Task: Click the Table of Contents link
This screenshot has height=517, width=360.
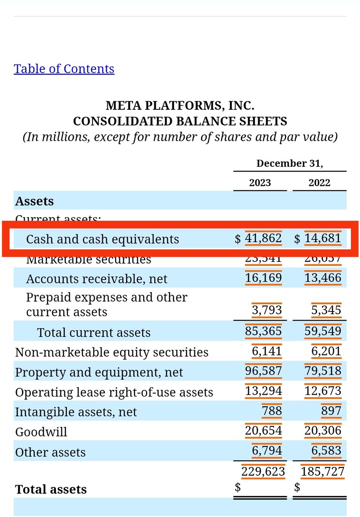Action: click(x=64, y=69)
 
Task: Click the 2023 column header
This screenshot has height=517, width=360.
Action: click(x=260, y=183)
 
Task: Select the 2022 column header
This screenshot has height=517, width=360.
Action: click(x=320, y=183)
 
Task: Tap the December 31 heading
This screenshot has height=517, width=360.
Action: click(x=289, y=164)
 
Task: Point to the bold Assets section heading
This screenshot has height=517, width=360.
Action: click(x=34, y=201)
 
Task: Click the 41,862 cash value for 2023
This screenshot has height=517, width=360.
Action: click(x=264, y=238)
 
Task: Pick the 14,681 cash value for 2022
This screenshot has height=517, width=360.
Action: click(x=323, y=238)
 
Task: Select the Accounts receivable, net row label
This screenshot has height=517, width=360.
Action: click(x=97, y=279)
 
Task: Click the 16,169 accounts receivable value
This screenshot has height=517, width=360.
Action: click(x=264, y=278)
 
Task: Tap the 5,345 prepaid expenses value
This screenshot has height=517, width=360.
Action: click(x=326, y=310)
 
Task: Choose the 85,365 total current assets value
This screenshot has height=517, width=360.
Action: click(x=264, y=331)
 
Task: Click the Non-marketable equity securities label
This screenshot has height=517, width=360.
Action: click(x=112, y=352)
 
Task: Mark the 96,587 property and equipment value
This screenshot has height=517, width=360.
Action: click(x=264, y=371)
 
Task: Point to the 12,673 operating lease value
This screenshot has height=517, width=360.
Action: click(x=323, y=391)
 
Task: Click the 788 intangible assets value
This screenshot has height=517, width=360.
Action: click(x=272, y=411)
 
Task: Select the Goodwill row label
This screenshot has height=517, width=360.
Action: click(x=41, y=432)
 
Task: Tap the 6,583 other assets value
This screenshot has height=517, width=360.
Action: click(x=326, y=451)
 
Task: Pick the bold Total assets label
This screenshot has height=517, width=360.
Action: click(x=51, y=489)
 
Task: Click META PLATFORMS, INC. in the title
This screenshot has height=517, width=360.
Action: click(x=180, y=105)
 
